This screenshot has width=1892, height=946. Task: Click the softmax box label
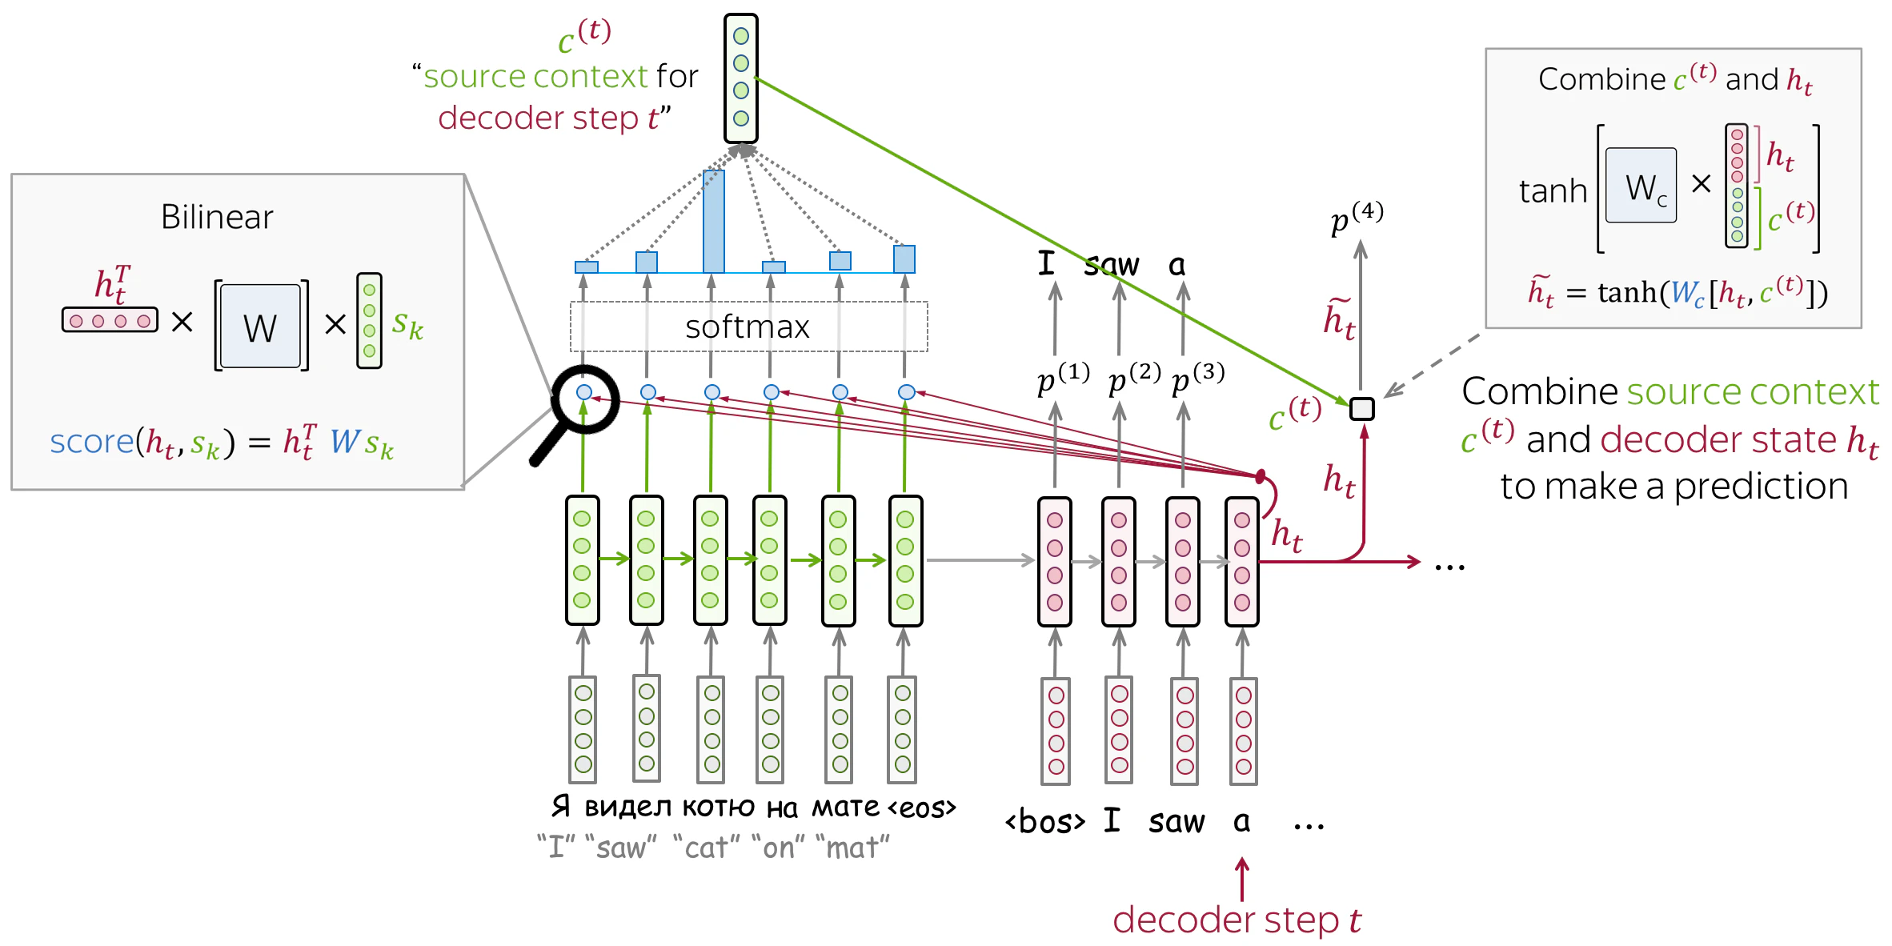point(748,327)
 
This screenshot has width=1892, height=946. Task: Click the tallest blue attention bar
point(713,222)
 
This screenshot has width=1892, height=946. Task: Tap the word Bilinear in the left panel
point(217,217)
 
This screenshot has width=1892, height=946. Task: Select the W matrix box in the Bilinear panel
point(260,326)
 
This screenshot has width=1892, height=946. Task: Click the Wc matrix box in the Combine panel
point(1641,185)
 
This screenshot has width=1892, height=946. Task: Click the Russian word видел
point(627,807)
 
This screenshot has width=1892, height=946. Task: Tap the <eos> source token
point(920,808)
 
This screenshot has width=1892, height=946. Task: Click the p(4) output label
point(1357,217)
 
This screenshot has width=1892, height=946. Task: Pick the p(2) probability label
point(1134,378)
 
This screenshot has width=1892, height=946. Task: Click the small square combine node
point(1361,409)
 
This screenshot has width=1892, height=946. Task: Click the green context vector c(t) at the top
point(741,78)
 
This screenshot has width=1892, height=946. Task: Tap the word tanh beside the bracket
point(1553,191)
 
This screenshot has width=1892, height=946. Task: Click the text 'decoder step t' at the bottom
point(1237,920)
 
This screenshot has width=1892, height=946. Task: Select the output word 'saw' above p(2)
point(1112,264)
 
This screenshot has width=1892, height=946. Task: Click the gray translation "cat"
point(707,847)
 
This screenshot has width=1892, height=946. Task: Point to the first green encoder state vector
point(583,560)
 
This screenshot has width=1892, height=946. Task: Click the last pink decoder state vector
point(1242,561)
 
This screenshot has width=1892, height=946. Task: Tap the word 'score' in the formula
point(92,442)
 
